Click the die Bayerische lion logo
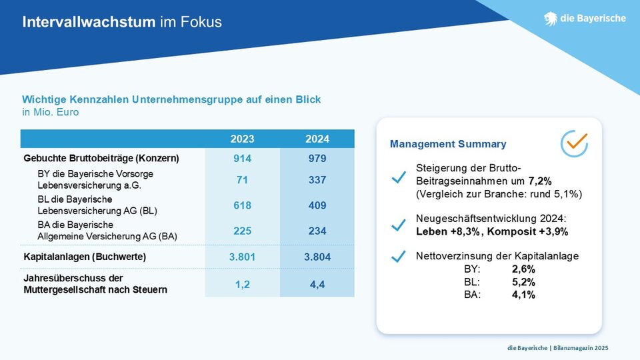click(x=550, y=19)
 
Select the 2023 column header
click(x=242, y=139)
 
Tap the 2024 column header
click(x=317, y=139)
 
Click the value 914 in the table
click(x=242, y=159)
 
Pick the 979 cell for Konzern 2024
click(x=317, y=159)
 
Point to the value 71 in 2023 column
click(x=242, y=179)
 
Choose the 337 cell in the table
click(x=317, y=179)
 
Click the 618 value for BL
click(x=242, y=205)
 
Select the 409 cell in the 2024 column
click(x=317, y=205)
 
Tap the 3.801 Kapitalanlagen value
click(x=242, y=257)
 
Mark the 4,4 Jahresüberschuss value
click(x=317, y=285)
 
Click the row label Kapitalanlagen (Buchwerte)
click(x=85, y=257)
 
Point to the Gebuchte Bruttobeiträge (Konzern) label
click(x=101, y=159)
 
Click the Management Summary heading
click(x=448, y=144)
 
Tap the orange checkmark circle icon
click(x=574, y=143)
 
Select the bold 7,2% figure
click(x=540, y=181)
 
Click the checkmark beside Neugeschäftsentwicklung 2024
click(x=399, y=225)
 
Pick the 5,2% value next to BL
click(x=523, y=282)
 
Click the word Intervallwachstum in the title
click(x=89, y=21)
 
